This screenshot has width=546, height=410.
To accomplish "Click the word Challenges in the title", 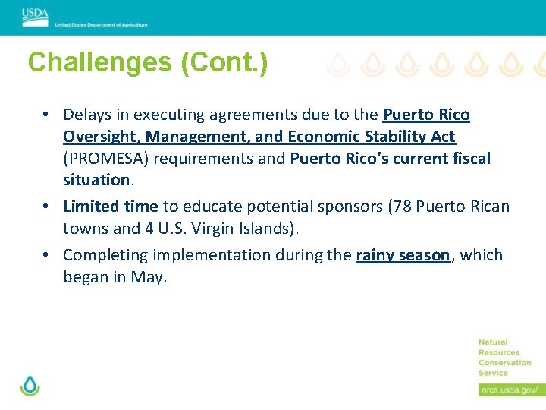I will [x=99, y=62].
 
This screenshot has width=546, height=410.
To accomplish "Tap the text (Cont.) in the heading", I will [x=224, y=62].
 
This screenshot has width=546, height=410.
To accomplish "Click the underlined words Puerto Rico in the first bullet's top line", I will [x=426, y=115].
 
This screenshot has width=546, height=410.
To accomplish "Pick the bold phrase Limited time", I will [x=111, y=207].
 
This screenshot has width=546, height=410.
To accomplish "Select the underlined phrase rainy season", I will [x=403, y=255].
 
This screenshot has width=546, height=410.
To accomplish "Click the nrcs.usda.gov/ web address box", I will [x=508, y=389].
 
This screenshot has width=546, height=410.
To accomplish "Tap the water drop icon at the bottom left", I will [x=30, y=385].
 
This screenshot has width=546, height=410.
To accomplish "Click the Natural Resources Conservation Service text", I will [x=504, y=358].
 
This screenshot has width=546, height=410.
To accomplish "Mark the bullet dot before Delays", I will [x=46, y=115].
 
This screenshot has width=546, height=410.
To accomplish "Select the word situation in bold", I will [x=96, y=181].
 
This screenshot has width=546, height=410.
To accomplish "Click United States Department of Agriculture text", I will [x=101, y=25].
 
